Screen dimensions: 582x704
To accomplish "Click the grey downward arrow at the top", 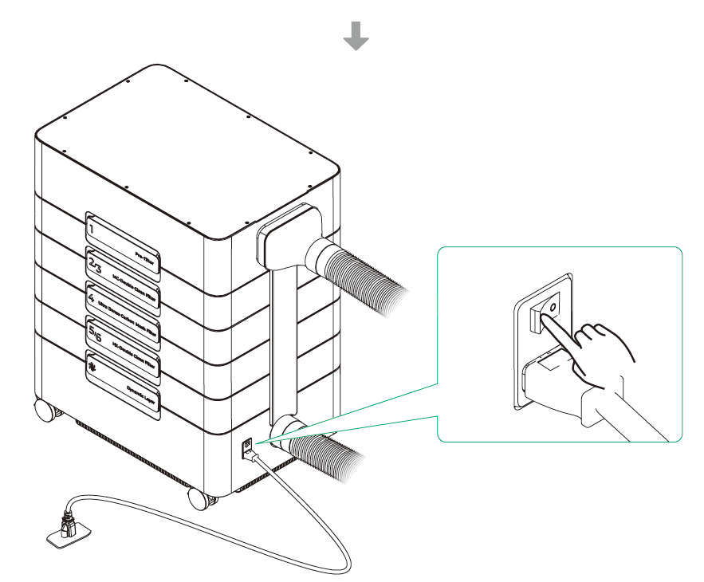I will pos(356,36).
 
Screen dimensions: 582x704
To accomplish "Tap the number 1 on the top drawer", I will pos(93,229).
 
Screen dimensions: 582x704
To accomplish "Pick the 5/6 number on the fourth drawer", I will pos(96,329).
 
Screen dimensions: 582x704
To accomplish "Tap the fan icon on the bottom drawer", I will pos(94,365).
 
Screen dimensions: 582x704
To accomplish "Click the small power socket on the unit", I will pos(247,445).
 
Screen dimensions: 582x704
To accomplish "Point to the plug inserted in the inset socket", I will pos(558,383).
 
